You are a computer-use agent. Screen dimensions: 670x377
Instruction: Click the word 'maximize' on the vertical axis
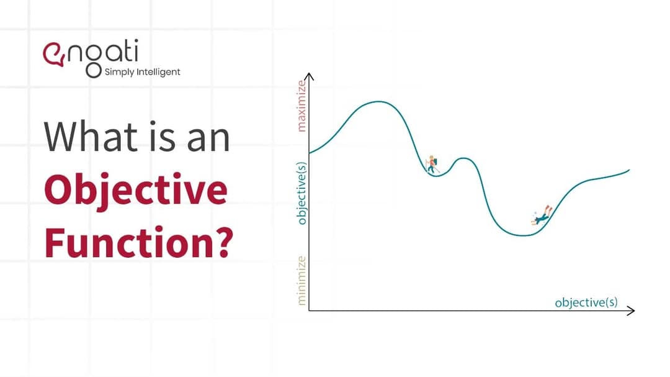point(301,106)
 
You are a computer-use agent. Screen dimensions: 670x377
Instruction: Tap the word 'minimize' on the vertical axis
point(301,280)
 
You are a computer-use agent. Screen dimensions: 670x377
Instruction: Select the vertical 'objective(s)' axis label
point(301,193)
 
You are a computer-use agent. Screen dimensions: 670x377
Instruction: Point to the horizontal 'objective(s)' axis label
point(586,302)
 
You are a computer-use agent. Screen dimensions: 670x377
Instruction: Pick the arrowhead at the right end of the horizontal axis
point(631,311)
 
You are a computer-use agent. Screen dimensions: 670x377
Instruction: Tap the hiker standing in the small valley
point(432,165)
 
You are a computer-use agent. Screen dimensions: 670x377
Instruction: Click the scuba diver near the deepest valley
point(542,216)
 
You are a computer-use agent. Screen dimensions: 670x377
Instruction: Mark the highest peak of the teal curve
point(378,101)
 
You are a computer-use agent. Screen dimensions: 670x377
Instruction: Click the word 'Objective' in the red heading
point(135,191)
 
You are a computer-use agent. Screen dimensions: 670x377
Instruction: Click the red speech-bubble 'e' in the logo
point(53,55)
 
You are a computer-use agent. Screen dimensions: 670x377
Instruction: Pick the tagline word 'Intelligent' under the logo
point(158,72)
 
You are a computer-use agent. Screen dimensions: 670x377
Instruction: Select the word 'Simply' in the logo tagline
point(119,72)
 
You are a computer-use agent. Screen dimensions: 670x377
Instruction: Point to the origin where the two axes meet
point(309,311)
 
